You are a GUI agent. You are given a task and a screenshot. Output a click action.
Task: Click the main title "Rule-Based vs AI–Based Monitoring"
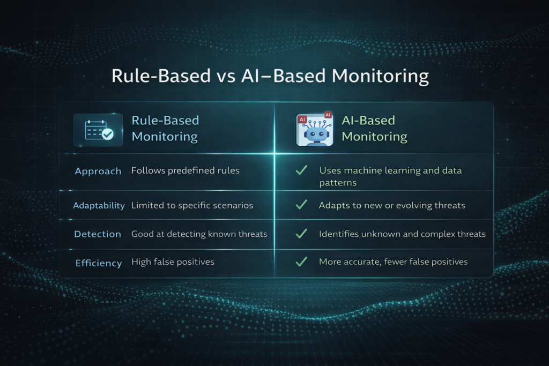(270, 76)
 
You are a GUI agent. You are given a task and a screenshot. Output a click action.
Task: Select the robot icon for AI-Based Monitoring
(314, 130)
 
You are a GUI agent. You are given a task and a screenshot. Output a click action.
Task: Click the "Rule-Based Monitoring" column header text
(165, 129)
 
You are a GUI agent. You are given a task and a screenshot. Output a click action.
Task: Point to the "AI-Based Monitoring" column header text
(374, 129)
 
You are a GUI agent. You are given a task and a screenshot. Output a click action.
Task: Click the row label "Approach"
(98, 171)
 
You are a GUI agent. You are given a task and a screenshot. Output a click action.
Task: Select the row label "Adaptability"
(99, 205)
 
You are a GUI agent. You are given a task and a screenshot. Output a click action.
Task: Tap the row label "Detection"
(98, 234)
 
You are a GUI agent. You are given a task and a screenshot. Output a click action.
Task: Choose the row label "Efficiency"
(98, 263)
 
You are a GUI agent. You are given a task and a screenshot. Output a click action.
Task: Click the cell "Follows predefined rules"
(186, 171)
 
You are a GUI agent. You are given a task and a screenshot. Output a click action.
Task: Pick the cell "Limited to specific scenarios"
(192, 205)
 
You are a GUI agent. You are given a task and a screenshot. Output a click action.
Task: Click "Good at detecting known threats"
(199, 234)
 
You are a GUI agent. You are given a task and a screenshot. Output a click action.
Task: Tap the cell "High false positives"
(173, 262)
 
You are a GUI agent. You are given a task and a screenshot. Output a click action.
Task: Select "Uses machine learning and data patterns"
(390, 176)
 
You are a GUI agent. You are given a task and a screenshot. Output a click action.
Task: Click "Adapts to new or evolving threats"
(392, 205)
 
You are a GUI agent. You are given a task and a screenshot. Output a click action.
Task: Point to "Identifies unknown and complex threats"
(402, 234)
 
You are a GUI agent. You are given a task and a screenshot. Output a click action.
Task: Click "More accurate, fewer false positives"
(393, 262)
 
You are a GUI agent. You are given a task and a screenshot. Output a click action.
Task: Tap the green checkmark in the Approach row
(301, 170)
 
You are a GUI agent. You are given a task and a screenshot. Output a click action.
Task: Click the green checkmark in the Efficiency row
(301, 262)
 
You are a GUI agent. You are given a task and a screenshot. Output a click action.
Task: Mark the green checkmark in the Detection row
(301, 234)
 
